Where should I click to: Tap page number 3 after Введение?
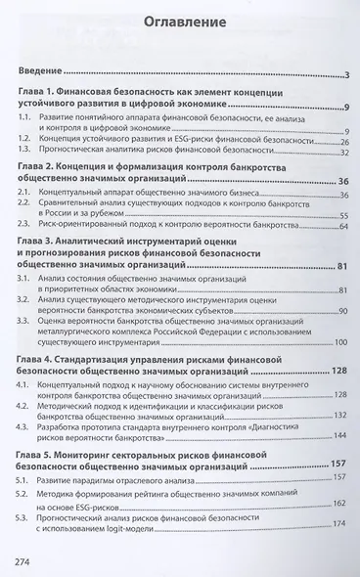pos(347,74)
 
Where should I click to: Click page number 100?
pos(341,341)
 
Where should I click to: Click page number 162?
pos(341,529)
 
